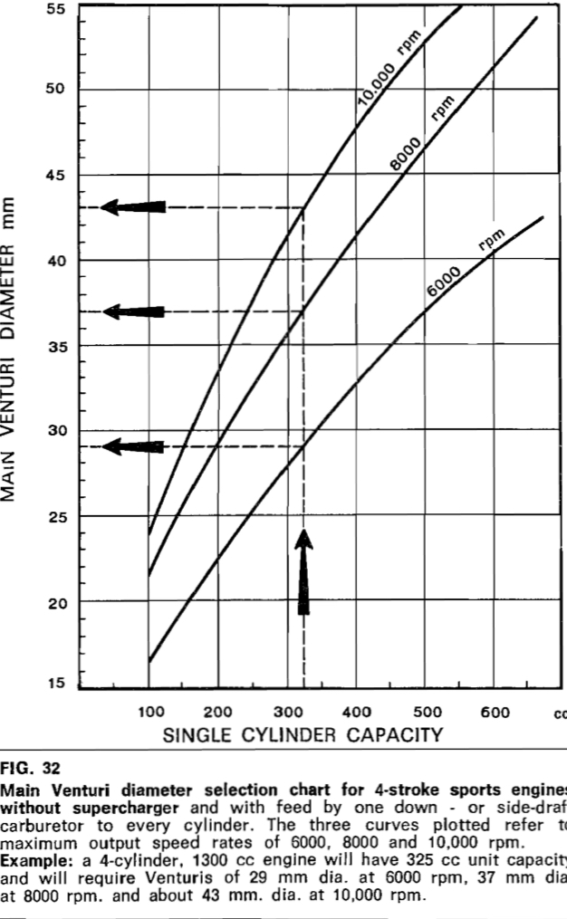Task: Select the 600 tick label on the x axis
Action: pos(496,712)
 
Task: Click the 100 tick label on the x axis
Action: pos(150,712)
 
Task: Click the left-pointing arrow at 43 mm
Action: pos(133,206)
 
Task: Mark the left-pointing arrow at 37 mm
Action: pos(133,311)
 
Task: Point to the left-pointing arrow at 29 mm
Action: pos(133,446)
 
